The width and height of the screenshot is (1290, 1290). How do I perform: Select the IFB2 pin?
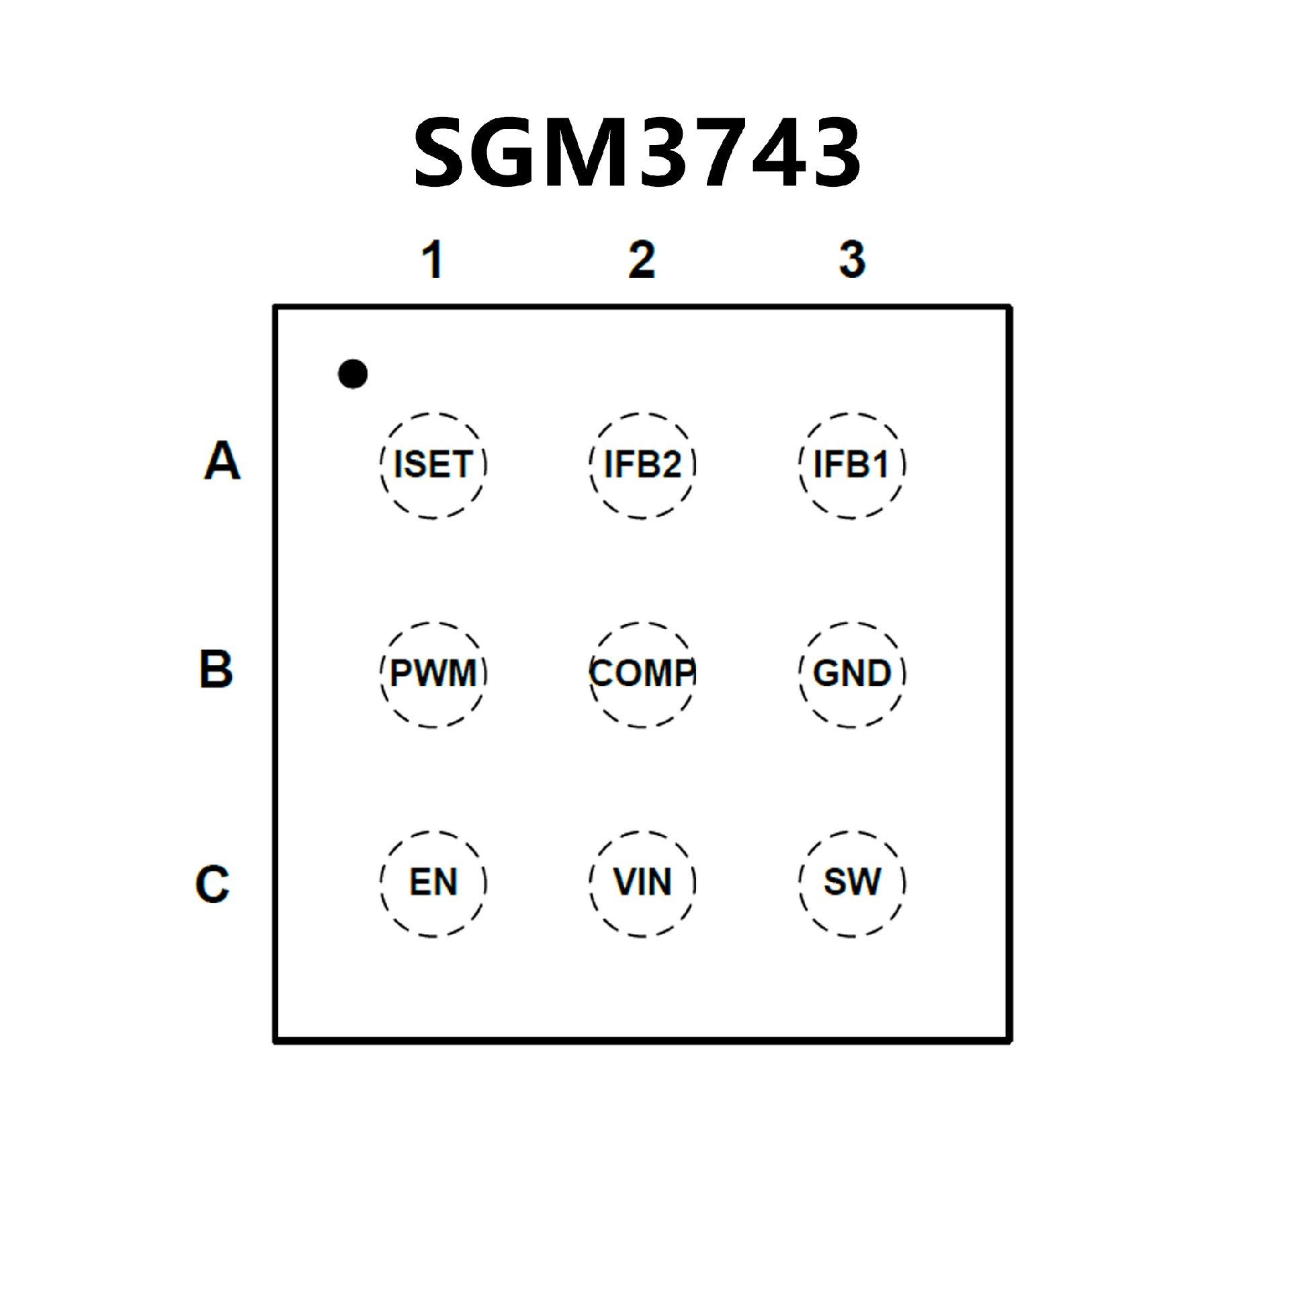tap(642, 465)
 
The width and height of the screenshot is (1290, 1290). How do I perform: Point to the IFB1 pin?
tap(851, 465)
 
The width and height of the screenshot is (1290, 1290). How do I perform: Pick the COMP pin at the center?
tap(642, 674)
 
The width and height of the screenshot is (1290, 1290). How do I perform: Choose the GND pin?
tap(851, 674)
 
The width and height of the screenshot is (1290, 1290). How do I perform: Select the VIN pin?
tap(642, 883)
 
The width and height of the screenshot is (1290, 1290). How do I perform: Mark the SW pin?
tap(851, 883)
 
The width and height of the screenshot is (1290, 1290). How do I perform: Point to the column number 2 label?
tap(642, 259)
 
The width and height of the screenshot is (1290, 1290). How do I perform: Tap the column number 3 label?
tap(852, 259)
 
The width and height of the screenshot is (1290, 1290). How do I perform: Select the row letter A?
tap(222, 461)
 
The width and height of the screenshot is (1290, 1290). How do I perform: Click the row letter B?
tap(216, 669)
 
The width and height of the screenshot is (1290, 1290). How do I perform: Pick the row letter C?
tap(212, 884)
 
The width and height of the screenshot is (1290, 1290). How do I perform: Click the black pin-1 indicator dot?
tap(353, 374)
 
